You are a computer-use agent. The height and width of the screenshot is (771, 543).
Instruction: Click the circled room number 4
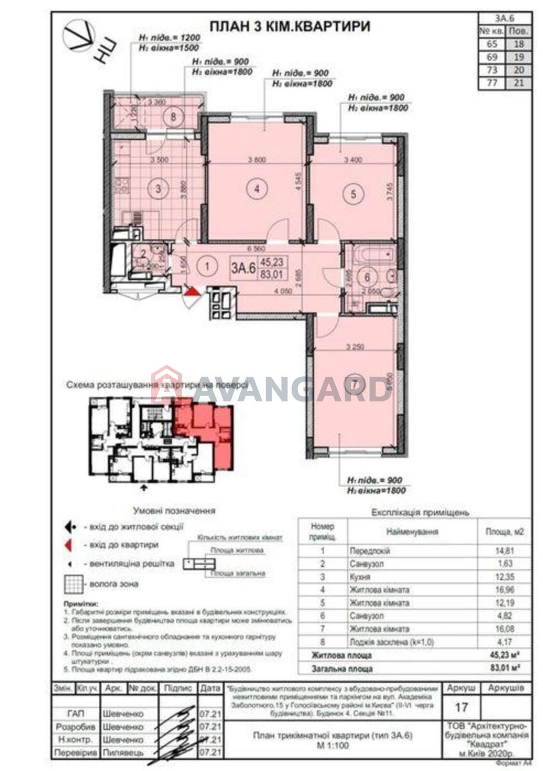tap(257, 189)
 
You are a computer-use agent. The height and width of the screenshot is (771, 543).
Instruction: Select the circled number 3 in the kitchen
tap(159, 189)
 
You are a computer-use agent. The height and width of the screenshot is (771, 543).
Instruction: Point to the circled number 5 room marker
tap(354, 194)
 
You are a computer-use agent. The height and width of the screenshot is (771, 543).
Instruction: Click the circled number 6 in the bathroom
tap(367, 278)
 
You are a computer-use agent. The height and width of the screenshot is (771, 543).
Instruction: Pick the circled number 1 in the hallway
tap(207, 266)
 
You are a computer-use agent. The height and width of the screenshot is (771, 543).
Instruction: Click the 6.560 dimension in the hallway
tap(256, 249)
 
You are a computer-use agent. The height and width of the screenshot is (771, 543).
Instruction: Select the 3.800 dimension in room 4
tap(257, 161)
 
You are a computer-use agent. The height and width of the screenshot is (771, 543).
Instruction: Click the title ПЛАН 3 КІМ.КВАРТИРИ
tap(290, 27)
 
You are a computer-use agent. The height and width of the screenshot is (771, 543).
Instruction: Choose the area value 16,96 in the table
tap(504, 590)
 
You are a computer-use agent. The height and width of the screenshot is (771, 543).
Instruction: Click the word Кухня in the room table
tap(360, 577)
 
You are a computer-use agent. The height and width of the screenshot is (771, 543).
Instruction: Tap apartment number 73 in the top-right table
tap(491, 70)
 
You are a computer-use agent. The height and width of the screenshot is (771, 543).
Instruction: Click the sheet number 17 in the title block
tap(461, 707)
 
